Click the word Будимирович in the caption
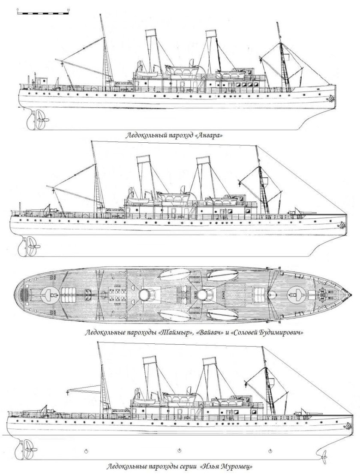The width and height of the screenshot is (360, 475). click(x=281, y=332)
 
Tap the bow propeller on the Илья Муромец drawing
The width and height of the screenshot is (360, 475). click(x=323, y=455)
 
